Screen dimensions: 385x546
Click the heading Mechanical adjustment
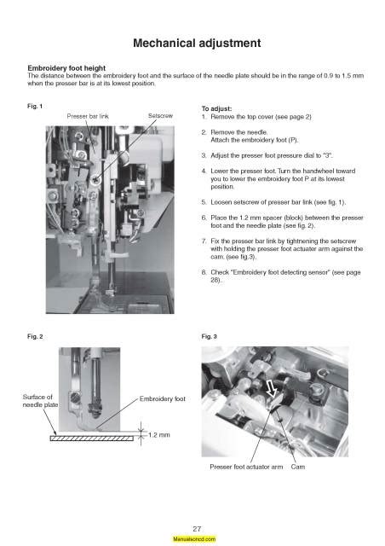[x=197, y=44]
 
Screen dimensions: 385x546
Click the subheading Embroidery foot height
[x=66, y=68]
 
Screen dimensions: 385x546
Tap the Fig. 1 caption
[x=35, y=106]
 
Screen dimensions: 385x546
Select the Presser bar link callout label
[x=88, y=116]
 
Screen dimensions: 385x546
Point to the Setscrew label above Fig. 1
[x=160, y=116]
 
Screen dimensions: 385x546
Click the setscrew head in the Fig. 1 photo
[x=95, y=180]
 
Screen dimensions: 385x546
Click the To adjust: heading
[x=216, y=108]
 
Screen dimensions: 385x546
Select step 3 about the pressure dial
[x=267, y=155]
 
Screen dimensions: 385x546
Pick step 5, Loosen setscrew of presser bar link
[x=273, y=202]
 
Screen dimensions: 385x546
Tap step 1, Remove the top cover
[x=256, y=117]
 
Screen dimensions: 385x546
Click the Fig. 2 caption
[x=35, y=336]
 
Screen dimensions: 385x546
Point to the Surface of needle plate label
[x=40, y=401]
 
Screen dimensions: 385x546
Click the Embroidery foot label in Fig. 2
[x=163, y=398]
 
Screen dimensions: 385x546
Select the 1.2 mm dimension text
[x=159, y=435]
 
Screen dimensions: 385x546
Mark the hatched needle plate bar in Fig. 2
[x=92, y=439]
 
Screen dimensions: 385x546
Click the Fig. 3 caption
[x=209, y=336]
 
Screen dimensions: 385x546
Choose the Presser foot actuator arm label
[x=246, y=467]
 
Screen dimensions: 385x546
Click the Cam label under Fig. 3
[x=298, y=467]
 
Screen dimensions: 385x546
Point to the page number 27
[x=197, y=529]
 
